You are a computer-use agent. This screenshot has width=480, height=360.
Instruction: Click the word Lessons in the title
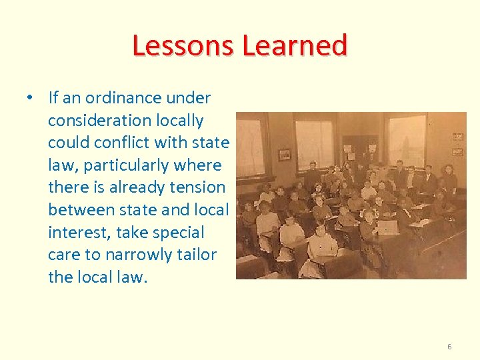click(184, 45)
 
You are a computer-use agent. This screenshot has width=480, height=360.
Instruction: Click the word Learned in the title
click(295, 45)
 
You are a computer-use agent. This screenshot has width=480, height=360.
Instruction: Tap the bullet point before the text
click(31, 98)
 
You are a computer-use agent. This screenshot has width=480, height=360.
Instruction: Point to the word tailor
click(194, 255)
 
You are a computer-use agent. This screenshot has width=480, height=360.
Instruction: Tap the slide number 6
click(449, 347)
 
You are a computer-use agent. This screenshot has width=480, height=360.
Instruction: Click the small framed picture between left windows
click(285, 154)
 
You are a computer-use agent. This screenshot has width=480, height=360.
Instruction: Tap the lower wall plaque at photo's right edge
click(457, 150)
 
